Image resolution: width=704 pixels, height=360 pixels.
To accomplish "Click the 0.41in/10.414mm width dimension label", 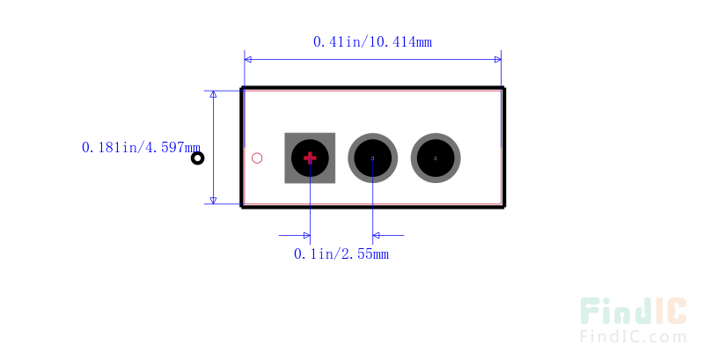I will click(372, 41).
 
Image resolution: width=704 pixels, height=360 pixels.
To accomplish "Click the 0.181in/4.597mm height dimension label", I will click(141, 148).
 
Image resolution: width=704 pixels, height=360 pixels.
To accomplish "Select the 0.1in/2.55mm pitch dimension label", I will click(341, 254).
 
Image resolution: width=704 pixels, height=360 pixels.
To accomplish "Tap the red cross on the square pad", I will click(310, 158).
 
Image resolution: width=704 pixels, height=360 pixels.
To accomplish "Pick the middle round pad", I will click(373, 158).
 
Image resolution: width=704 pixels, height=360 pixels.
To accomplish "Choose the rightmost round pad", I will click(436, 158).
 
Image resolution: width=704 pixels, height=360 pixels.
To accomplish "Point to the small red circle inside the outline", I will click(257, 158).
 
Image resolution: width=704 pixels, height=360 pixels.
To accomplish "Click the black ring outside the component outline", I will click(198, 158).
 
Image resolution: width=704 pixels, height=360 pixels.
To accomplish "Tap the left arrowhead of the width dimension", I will click(249, 59).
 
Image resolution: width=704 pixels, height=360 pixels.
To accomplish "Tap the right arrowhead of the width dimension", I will click(497, 59).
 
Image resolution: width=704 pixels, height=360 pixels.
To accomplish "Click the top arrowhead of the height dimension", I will click(213, 95).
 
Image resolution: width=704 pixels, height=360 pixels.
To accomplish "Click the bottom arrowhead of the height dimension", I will click(213, 199).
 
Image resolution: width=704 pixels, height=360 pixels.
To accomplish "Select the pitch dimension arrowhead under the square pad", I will click(305, 235).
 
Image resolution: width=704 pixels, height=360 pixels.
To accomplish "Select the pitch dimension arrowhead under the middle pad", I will click(378, 235).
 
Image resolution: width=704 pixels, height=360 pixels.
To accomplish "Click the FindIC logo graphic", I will click(633, 312).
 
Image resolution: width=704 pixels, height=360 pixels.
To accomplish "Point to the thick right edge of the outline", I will click(503, 148).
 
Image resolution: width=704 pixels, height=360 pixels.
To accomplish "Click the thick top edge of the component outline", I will click(373, 89).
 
